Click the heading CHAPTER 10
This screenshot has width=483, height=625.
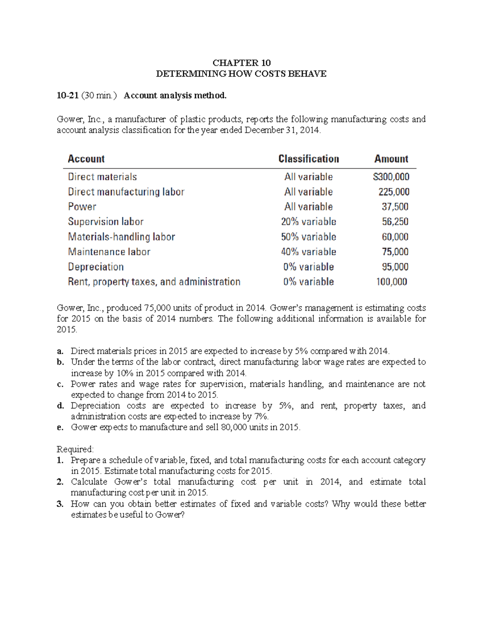pyautogui.click(x=242, y=63)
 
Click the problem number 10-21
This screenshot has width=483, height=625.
pyautogui.click(x=67, y=95)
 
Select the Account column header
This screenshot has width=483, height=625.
pyautogui.click(x=86, y=159)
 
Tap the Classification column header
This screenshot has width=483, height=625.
pyautogui.click(x=309, y=159)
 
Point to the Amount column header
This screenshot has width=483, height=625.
pyautogui.click(x=391, y=159)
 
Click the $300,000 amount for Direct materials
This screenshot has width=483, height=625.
pyautogui.click(x=391, y=177)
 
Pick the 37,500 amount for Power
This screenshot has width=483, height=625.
pyautogui.click(x=395, y=207)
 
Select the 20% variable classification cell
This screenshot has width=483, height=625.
pyautogui.click(x=309, y=222)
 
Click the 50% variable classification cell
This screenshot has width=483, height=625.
pyautogui.click(x=309, y=237)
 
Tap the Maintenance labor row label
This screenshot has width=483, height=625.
pyautogui.click(x=109, y=252)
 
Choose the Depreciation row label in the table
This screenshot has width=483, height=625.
pyautogui.click(x=96, y=267)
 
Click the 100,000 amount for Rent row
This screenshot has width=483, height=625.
pyautogui.click(x=392, y=282)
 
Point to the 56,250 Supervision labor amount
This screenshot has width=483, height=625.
pyautogui.click(x=395, y=222)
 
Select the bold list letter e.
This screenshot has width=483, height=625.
pyautogui.click(x=60, y=427)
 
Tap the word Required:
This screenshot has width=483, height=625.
pyautogui.click(x=75, y=449)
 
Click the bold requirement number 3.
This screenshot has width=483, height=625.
pyautogui.click(x=60, y=504)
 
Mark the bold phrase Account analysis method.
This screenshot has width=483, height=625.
pyautogui.click(x=175, y=95)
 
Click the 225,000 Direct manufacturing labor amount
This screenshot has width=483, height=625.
pyautogui.click(x=394, y=192)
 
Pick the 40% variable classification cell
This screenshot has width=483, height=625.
pyautogui.click(x=309, y=252)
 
